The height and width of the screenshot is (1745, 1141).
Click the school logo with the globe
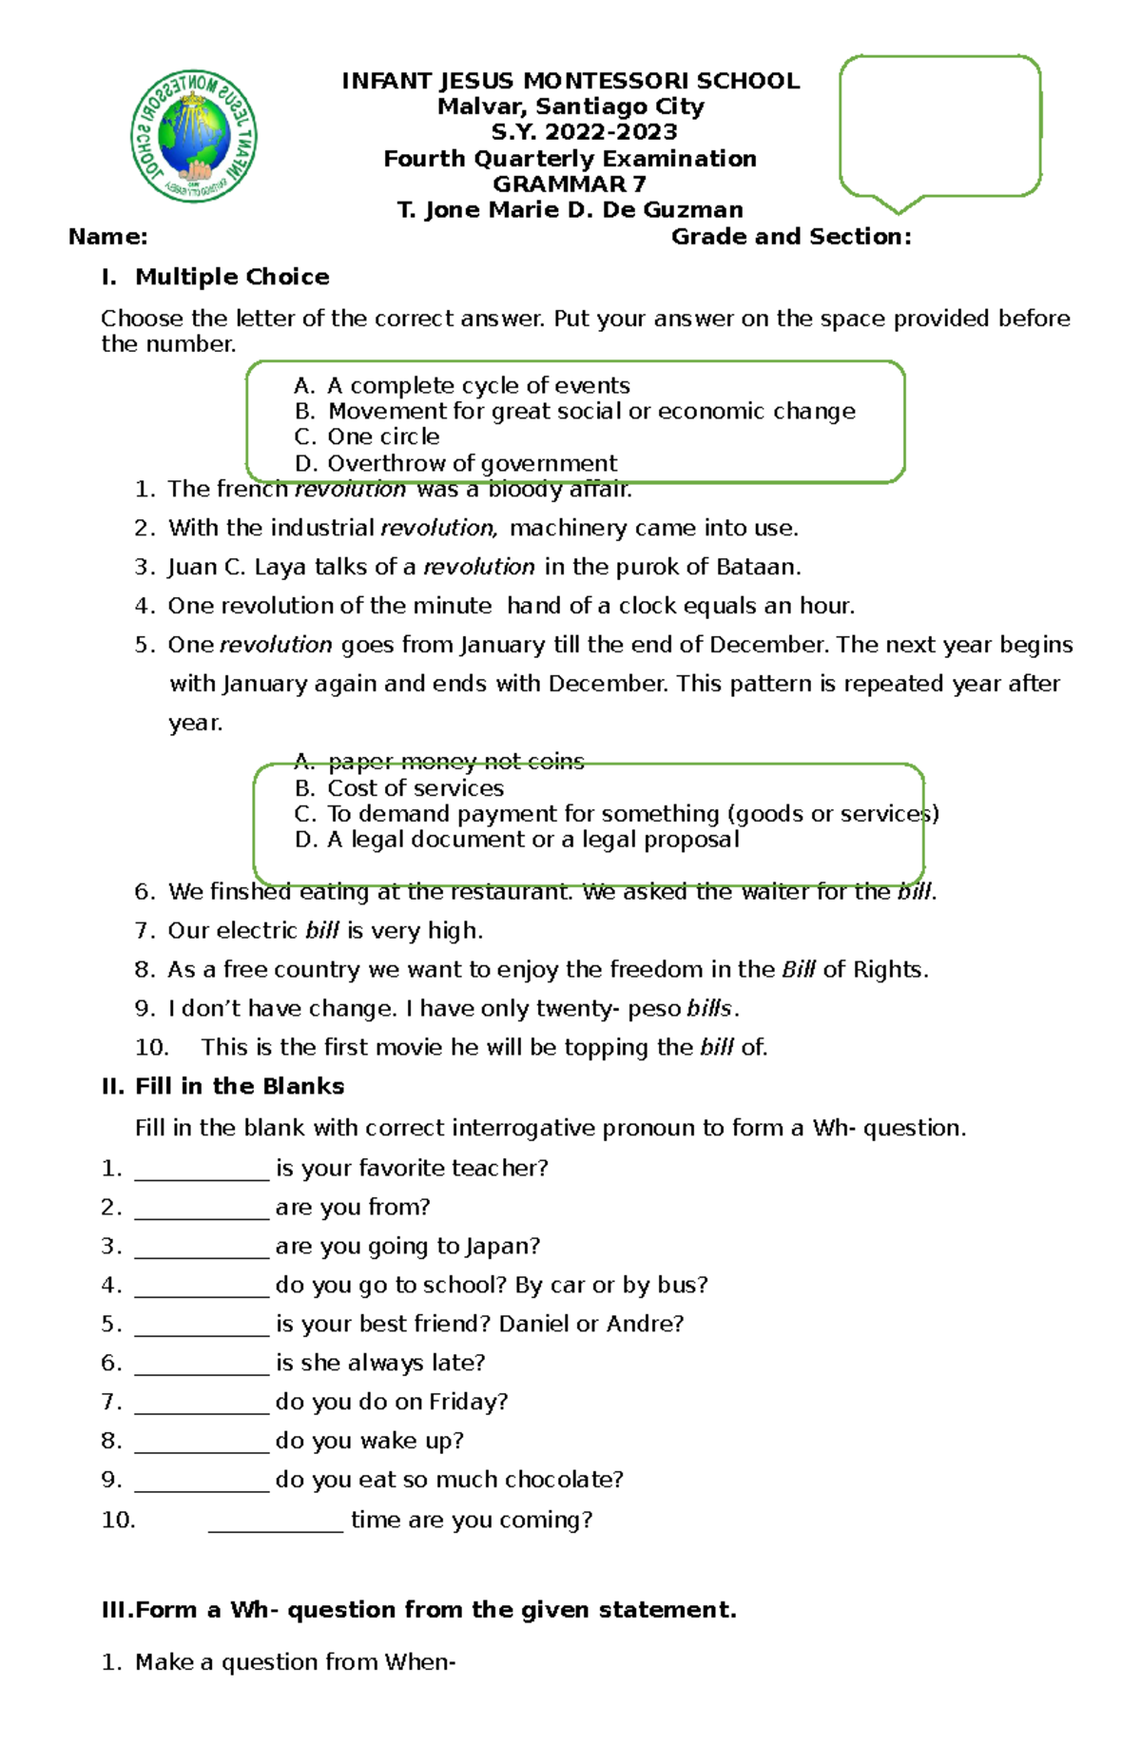(x=193, y=135)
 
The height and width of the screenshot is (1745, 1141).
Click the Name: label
(x=107, y=237)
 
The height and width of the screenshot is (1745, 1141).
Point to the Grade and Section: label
(x=791, y=237)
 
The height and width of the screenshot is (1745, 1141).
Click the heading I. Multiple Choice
(x=216, y=278)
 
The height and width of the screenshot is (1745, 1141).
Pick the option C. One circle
(x=367, y=437)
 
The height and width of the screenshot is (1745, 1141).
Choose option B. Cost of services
(x=399, y=788)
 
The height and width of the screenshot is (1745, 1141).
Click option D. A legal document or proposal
(x=516, y=840)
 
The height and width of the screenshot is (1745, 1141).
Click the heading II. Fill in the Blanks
(x=222, y=1087)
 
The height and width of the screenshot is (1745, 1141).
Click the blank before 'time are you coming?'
(x=275, y=1522)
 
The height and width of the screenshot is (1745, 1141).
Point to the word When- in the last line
(x=419, y=1662)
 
